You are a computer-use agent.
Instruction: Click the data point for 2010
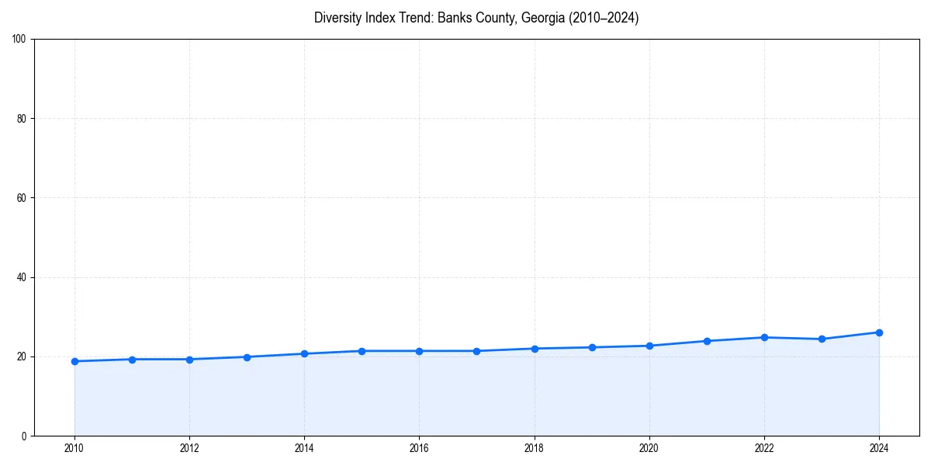coord(74,361)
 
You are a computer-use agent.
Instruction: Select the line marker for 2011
coord(132,360)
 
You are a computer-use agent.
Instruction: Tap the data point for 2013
coord(247,357)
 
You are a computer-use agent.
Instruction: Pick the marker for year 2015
coord(362,351)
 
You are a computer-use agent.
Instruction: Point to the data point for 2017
coord(476,351)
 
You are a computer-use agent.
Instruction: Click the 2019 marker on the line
coord(592,347)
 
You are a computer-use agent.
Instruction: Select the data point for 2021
coord(707,341)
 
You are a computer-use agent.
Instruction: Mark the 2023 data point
coord(822,339)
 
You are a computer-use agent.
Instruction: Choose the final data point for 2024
coord(879,332)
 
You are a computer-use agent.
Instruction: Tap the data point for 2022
coord(764,337)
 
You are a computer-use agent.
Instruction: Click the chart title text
coord(476,18)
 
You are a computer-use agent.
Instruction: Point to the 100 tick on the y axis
coord(19,39)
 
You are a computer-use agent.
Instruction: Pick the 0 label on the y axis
coord(24,436)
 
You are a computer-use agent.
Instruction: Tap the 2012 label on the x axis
coord(189,448)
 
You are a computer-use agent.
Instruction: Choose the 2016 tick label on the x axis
coord(419,448)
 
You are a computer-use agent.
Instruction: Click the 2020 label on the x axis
coord(649,448)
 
